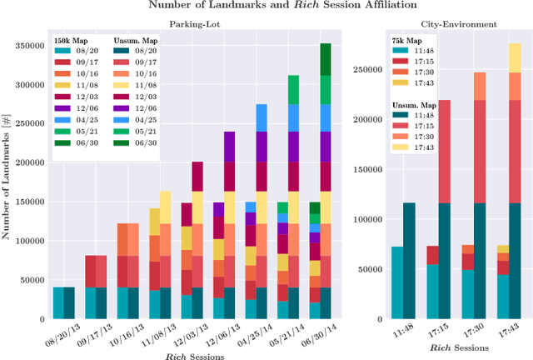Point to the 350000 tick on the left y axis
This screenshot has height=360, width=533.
pos(31,45)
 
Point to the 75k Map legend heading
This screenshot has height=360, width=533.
pos(406,40)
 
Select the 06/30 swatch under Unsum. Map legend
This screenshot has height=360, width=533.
pos(122,142)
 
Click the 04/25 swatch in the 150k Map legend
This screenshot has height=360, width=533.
pos(62,120)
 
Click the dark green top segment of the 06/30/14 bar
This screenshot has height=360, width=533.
pos(326,59)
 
